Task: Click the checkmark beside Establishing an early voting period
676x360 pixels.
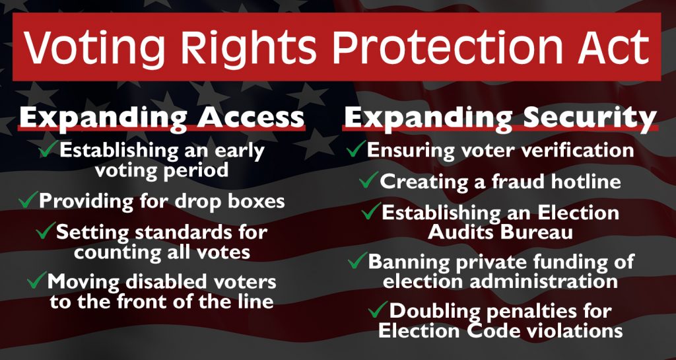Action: [48, 149]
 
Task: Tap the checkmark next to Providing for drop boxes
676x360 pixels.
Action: [28, 199]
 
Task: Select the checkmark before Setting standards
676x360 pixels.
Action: [46, 231]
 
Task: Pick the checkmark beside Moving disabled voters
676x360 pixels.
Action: [37, 279]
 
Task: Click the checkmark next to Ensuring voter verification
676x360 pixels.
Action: [356, 149]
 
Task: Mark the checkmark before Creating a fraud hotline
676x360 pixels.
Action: [369, 180]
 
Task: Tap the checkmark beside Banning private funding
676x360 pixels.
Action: [357, 260]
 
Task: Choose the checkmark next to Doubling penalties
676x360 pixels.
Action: [378, 310]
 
